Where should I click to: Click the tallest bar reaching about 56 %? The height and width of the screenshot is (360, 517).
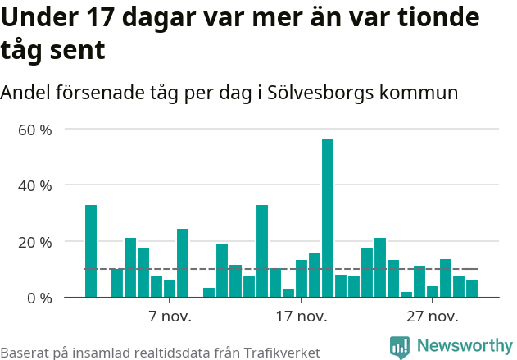(x=328, y=218)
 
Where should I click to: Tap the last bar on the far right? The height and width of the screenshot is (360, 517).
(x=472, y=289)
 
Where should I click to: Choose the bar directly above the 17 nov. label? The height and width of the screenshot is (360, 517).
(x=302, y=279)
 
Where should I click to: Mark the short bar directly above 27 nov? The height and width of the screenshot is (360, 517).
(x=433, y=291)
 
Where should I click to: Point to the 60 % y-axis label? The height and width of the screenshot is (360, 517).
(x=35, y=130)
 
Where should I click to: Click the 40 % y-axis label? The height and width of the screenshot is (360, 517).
(x=35, y=185)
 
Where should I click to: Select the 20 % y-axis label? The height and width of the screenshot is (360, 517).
(x=35, y=242)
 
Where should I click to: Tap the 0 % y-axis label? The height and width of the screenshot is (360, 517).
(x=39, y=298)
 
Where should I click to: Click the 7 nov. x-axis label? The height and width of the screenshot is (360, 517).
(x=170, y=317)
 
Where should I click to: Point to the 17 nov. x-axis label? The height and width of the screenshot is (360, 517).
(x=301, y=317)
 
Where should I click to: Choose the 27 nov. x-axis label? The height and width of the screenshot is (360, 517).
(x=432, y=317)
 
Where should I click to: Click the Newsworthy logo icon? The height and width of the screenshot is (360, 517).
(x=400, y=347)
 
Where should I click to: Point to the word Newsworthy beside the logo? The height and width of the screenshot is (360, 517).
(x=464, y=346)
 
